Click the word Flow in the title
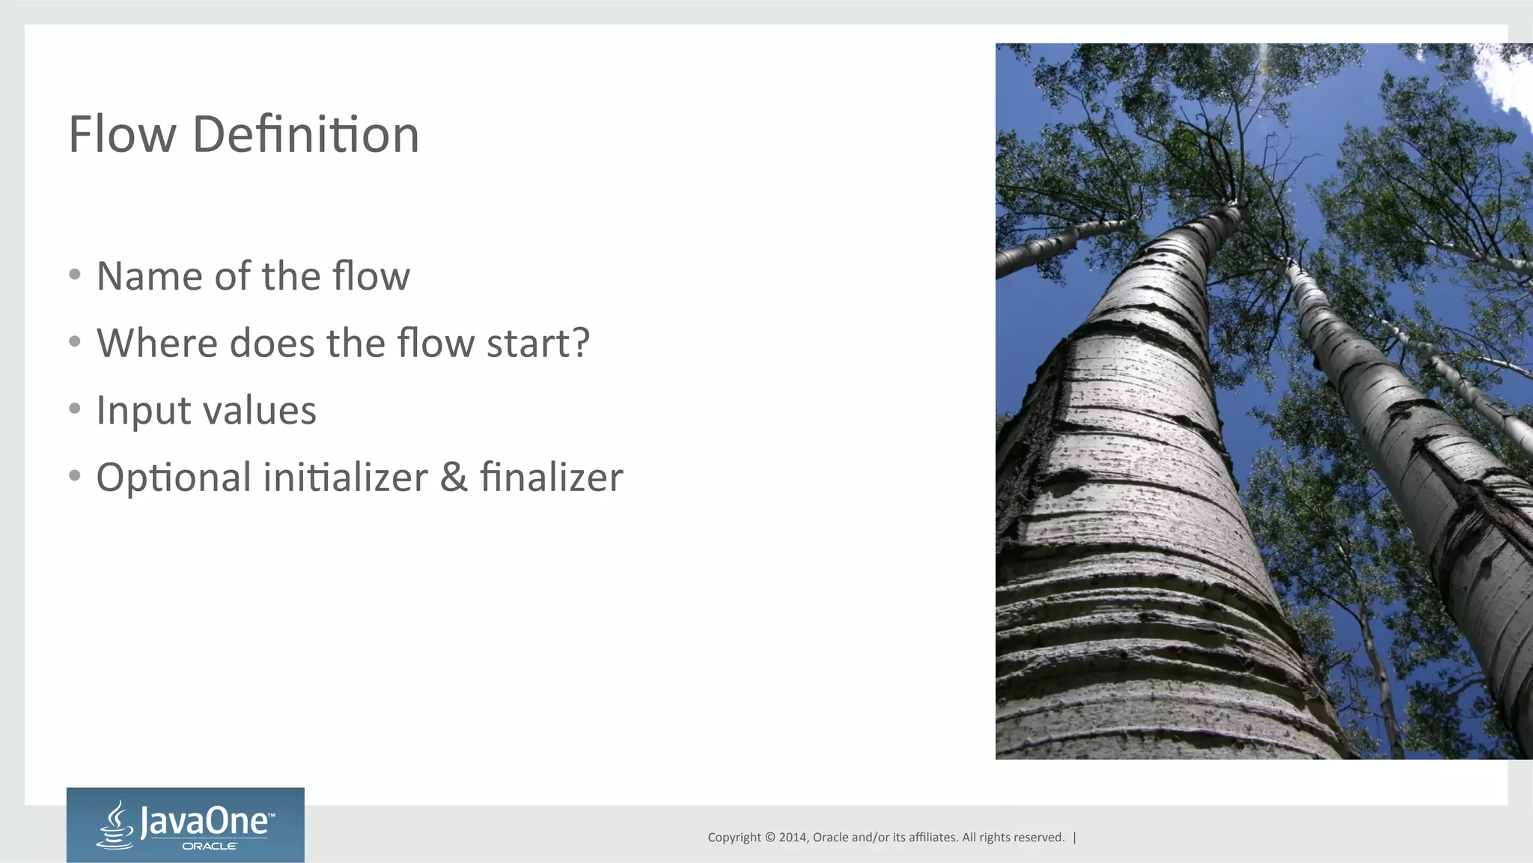tap(122, 135)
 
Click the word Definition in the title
tap(305, 135)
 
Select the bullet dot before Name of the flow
tap(74, 275)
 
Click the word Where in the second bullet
tap(157, 343)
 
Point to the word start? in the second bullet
tap(537, 343)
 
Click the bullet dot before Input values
tap(74, 409)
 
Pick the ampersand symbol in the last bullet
tap(454, 478)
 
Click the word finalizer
tap(551, 478)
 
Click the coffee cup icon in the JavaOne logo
tap(115, 826)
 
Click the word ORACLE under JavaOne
tap(210, 847)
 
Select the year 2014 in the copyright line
tap(792, 838)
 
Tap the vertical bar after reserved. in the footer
tap(1075, 838)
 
